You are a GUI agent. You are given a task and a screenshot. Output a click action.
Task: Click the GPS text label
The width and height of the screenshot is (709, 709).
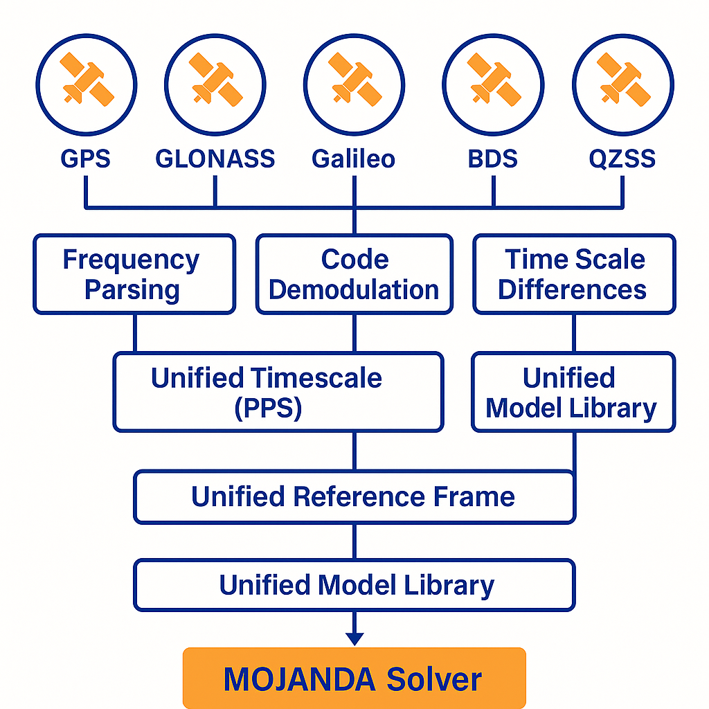pyautogui.click(x=85, y=159)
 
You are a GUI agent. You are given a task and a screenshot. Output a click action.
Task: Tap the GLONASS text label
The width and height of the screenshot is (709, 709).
pyautogui.click(x=215, y=159)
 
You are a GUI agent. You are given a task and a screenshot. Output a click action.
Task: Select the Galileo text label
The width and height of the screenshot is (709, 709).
pyautogui.click(x=354, y=159)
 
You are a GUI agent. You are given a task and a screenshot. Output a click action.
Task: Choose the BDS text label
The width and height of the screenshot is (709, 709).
pyautogui.click(x=493, y=159)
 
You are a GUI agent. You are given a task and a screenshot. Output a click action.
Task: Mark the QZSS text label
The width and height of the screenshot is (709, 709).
pyautogui.click(x=622, y=159)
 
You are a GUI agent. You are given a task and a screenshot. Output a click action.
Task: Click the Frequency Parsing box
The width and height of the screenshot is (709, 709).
pyautogui.click(x=134, y=274)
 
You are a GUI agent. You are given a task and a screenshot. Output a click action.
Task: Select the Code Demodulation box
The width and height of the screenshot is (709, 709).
pyautogui.click(x=354, y=274)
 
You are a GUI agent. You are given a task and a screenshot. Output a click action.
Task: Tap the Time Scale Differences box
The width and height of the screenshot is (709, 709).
pyautogui.click(x=574, y=274)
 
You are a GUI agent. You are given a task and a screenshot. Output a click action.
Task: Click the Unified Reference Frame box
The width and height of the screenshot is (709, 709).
pyautogui.click(x=354, y=497)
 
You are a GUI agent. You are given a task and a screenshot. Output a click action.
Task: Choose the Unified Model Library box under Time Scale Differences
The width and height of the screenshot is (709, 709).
pyautogui.click(x=573, y=392)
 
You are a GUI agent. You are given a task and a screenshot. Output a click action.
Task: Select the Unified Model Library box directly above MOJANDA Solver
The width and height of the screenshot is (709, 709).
pyautogui.click(x=354, y=585)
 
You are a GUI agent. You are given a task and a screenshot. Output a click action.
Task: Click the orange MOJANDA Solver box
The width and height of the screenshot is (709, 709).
pyautogui.click(x=354, y=678)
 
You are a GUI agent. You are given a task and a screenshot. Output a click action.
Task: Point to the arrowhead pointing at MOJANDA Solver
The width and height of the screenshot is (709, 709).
pyautogui.click(x=354, y=638)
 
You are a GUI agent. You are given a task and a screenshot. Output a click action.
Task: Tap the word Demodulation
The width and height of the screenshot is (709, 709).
pyautogui.click(x=354, y=289)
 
